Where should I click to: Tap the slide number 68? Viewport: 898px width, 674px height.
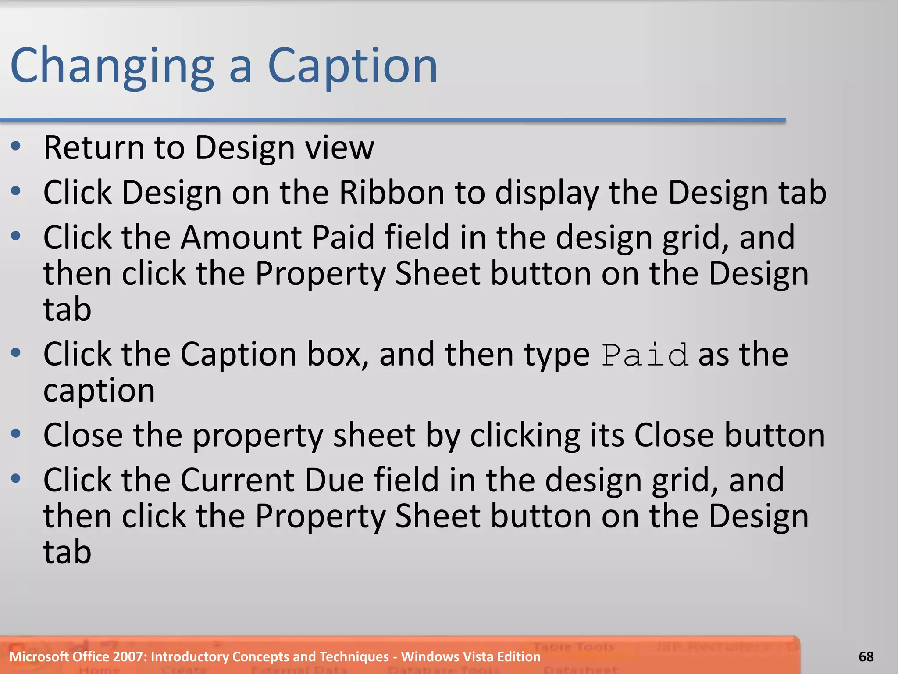coord(866,657)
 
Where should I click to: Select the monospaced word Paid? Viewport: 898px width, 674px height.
coord(644,355)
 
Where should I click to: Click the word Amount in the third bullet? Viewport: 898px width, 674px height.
coord(241,237)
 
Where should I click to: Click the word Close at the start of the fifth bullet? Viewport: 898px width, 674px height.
coord(83,435)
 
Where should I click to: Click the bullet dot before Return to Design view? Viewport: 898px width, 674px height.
coord(16,147)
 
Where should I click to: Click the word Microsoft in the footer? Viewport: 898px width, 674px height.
coord(39,657)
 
